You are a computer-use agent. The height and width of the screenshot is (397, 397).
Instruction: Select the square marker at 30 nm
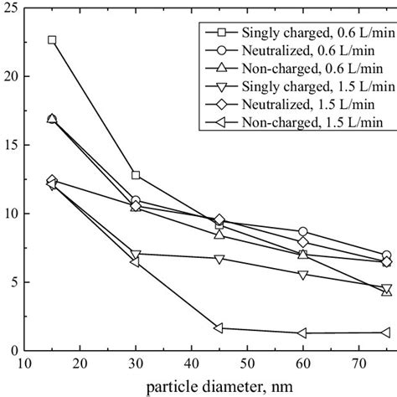[136, 175]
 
